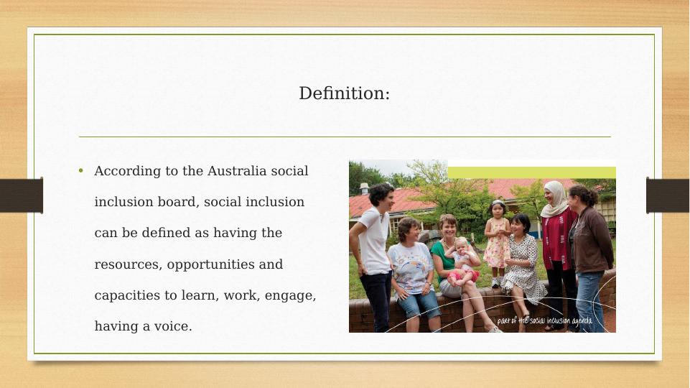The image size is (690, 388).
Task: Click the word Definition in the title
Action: pyautogui.click(x=342, y=93)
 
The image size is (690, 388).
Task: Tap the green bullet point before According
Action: pyautogui.click(x=80, y=171)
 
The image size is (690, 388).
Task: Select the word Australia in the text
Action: pyautogui.click(x=237, y=171)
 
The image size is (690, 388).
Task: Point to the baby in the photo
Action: pyautogui.click(x=463, y=260)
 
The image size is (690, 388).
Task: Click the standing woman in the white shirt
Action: pyautogui.click(x=374, y=256)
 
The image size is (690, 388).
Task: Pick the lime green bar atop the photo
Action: pyautogui.click(x=531, y=172)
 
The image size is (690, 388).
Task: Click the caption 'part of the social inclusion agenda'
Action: pyautogui.click(x=544, y=320)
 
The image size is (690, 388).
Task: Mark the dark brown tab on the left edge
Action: pyautogui.click(x=22, y=195)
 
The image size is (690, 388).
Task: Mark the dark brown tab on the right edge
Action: pyautogui.click(x=668, y=195)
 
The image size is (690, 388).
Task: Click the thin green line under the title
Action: pyautogui.click(x=345, y=137)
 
